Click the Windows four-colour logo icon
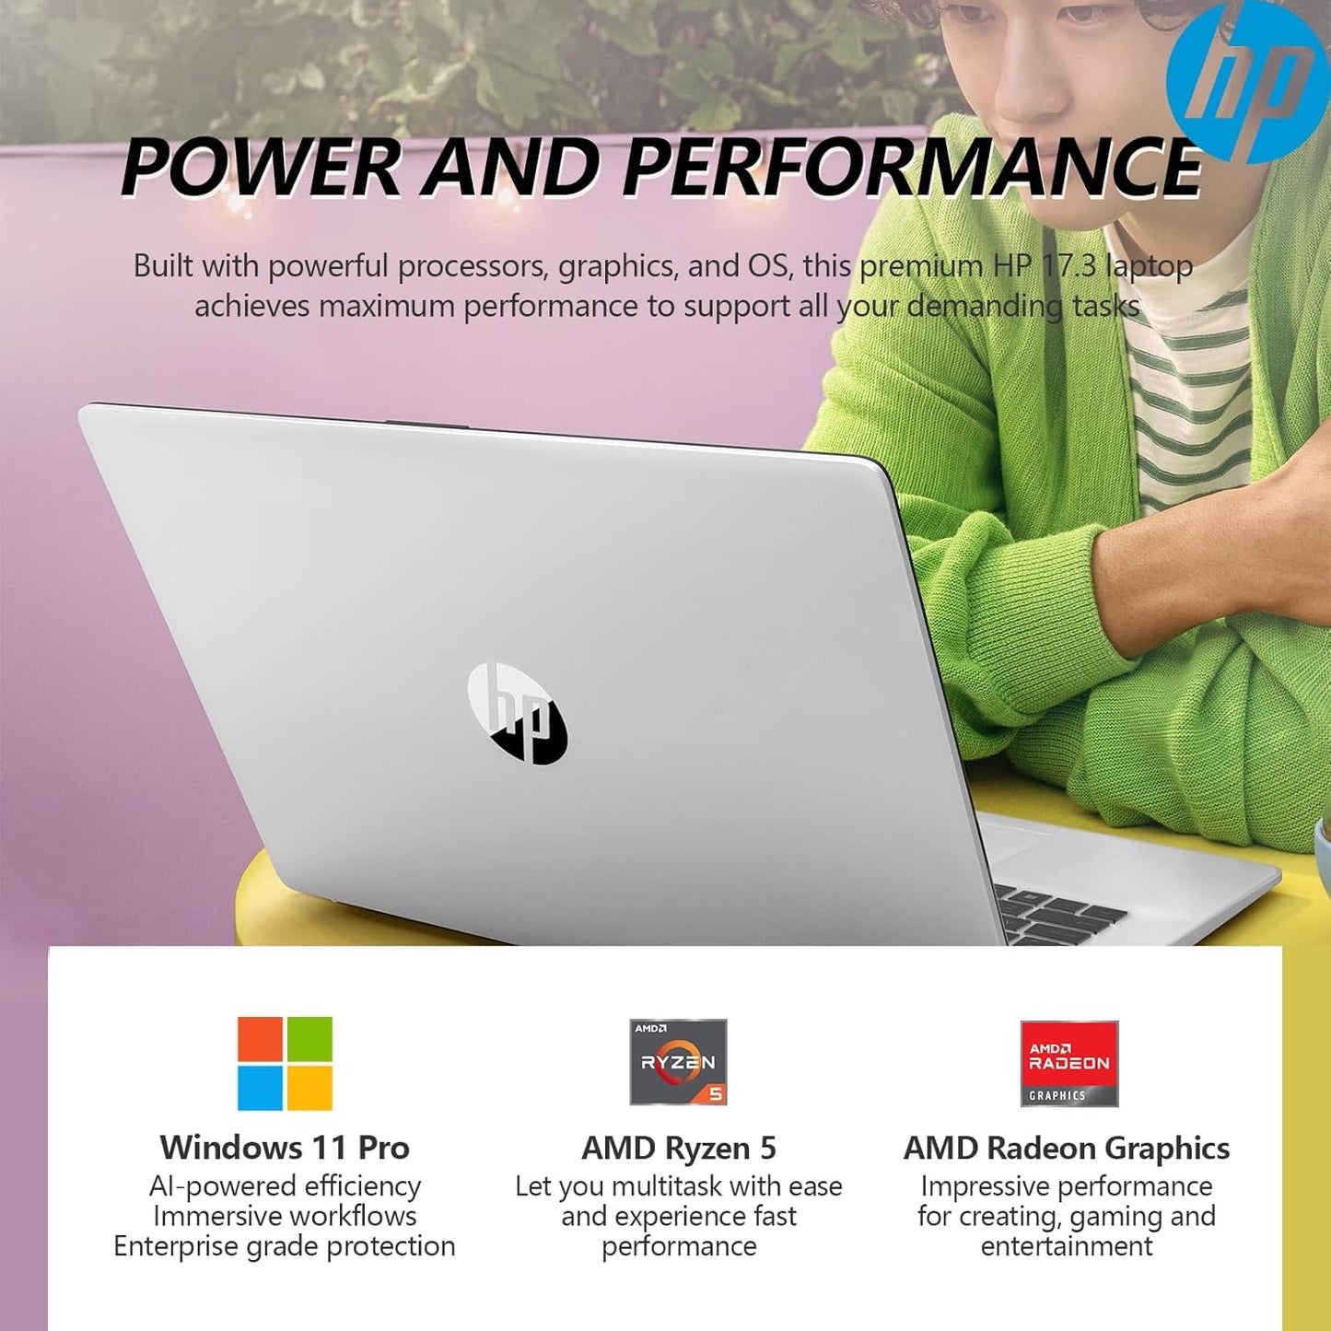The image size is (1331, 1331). tap(285, 1063)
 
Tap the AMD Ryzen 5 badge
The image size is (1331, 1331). tap(679, 1062)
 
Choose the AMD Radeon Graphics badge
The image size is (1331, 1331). tap(1068, 1063)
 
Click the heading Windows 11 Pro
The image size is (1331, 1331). tap(285, 1148)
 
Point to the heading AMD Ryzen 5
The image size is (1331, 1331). tap(679, 1148)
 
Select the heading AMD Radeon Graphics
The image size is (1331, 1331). tap(1067, 1148)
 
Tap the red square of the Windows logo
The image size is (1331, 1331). tap(260, 1038)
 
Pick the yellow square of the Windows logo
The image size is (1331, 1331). tap(310, 1088)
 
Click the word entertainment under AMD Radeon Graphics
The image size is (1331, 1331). tap(1067, 1246)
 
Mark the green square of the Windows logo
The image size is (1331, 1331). tap(310, 1038)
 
